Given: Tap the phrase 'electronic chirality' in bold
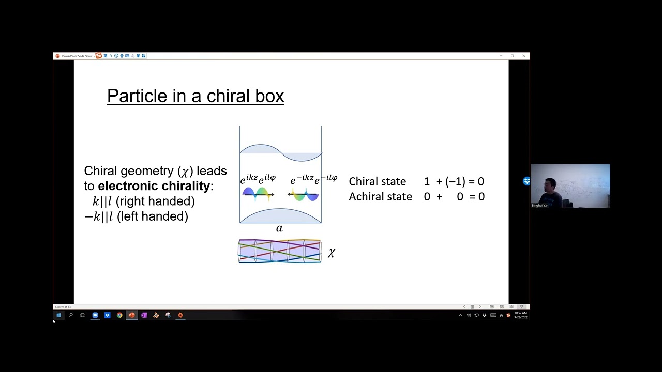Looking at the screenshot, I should pyautogui.click(x=154, y=186).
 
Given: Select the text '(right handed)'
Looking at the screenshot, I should pyautogui.click(x=156, y=201).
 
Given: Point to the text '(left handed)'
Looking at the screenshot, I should pyautogui.click(x=153, y=216).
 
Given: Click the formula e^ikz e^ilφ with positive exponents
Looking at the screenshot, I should pyautogui.click(x=258, y=179).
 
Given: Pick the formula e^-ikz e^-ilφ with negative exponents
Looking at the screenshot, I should pyautogui.click(x=313, y=179).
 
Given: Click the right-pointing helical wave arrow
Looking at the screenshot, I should pyautogui.click(x=258, y=194).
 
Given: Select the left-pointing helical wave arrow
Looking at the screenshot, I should pyautogui.click(x=304, y=195).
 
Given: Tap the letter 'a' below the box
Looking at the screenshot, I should pyautogui.click(x=279, y=228).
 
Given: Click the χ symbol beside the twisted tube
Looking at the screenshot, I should pyautogui.click(x=332, y=253).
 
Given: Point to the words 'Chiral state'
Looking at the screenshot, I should pyautogui.click(x=377, y=181).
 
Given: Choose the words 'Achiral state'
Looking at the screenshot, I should pyautogui.click(x=380, y=196).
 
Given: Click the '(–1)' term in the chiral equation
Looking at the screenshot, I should pyautogui.click(x=455, y=181).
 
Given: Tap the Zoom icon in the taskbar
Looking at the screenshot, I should pyautogui.click(x=95, y=315).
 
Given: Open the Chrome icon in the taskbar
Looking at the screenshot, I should pyautogui.click(x=119, y=315).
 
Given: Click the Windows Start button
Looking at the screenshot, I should pyautogui.click(x=58, y=315).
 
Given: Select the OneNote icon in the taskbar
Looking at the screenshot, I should pyautogui.click(x=144, y=315).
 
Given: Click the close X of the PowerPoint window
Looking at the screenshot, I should pyautogui.click(x=523, y=56).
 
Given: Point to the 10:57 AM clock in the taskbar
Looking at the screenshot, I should pyautogui.click(x=520, y=313).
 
